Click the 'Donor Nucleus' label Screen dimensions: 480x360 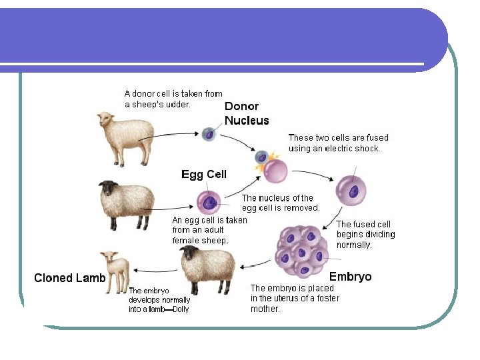coord(247,113)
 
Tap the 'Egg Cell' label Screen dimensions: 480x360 coord(204,175)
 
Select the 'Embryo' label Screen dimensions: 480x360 coord(350,277)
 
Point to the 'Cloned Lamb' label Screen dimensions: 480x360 coord(69,278)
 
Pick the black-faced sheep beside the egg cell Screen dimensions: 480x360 coord(127,203)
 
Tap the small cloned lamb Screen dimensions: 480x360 coord(115,270)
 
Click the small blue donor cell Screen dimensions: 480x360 coord(209,133)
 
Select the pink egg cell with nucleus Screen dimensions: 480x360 coord(209,201)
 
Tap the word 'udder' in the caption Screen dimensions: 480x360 coord(177,105)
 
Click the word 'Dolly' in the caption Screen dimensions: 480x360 coord(181,309)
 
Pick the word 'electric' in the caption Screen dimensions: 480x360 coord(343,149)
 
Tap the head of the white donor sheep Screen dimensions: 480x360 coord(104,120)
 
